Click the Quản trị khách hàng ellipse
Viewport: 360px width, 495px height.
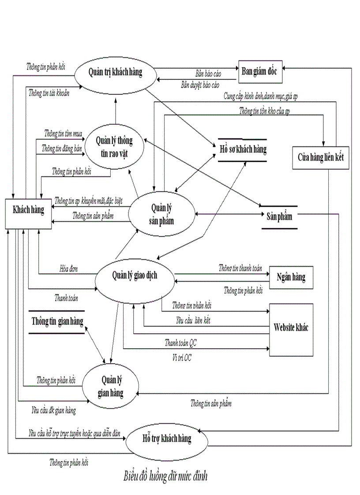pos(116,73)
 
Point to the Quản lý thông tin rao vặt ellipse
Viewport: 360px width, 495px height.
pos(114,146)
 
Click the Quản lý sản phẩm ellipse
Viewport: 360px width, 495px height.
pos(162,214)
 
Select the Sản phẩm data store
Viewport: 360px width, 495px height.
pos(279,217)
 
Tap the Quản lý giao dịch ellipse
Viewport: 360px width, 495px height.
pos(134,276)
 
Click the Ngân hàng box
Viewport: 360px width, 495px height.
pos(291,277)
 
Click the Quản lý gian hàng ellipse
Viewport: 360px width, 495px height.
pos(112,386)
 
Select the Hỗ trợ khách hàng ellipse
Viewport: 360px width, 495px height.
pos(166,439)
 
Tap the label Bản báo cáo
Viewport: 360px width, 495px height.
pos(208,74)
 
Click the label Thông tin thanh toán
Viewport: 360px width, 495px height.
pos(240,268)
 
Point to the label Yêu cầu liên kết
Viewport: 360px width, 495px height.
pos(193,321)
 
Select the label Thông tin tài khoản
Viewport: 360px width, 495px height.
pos(49,93)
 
